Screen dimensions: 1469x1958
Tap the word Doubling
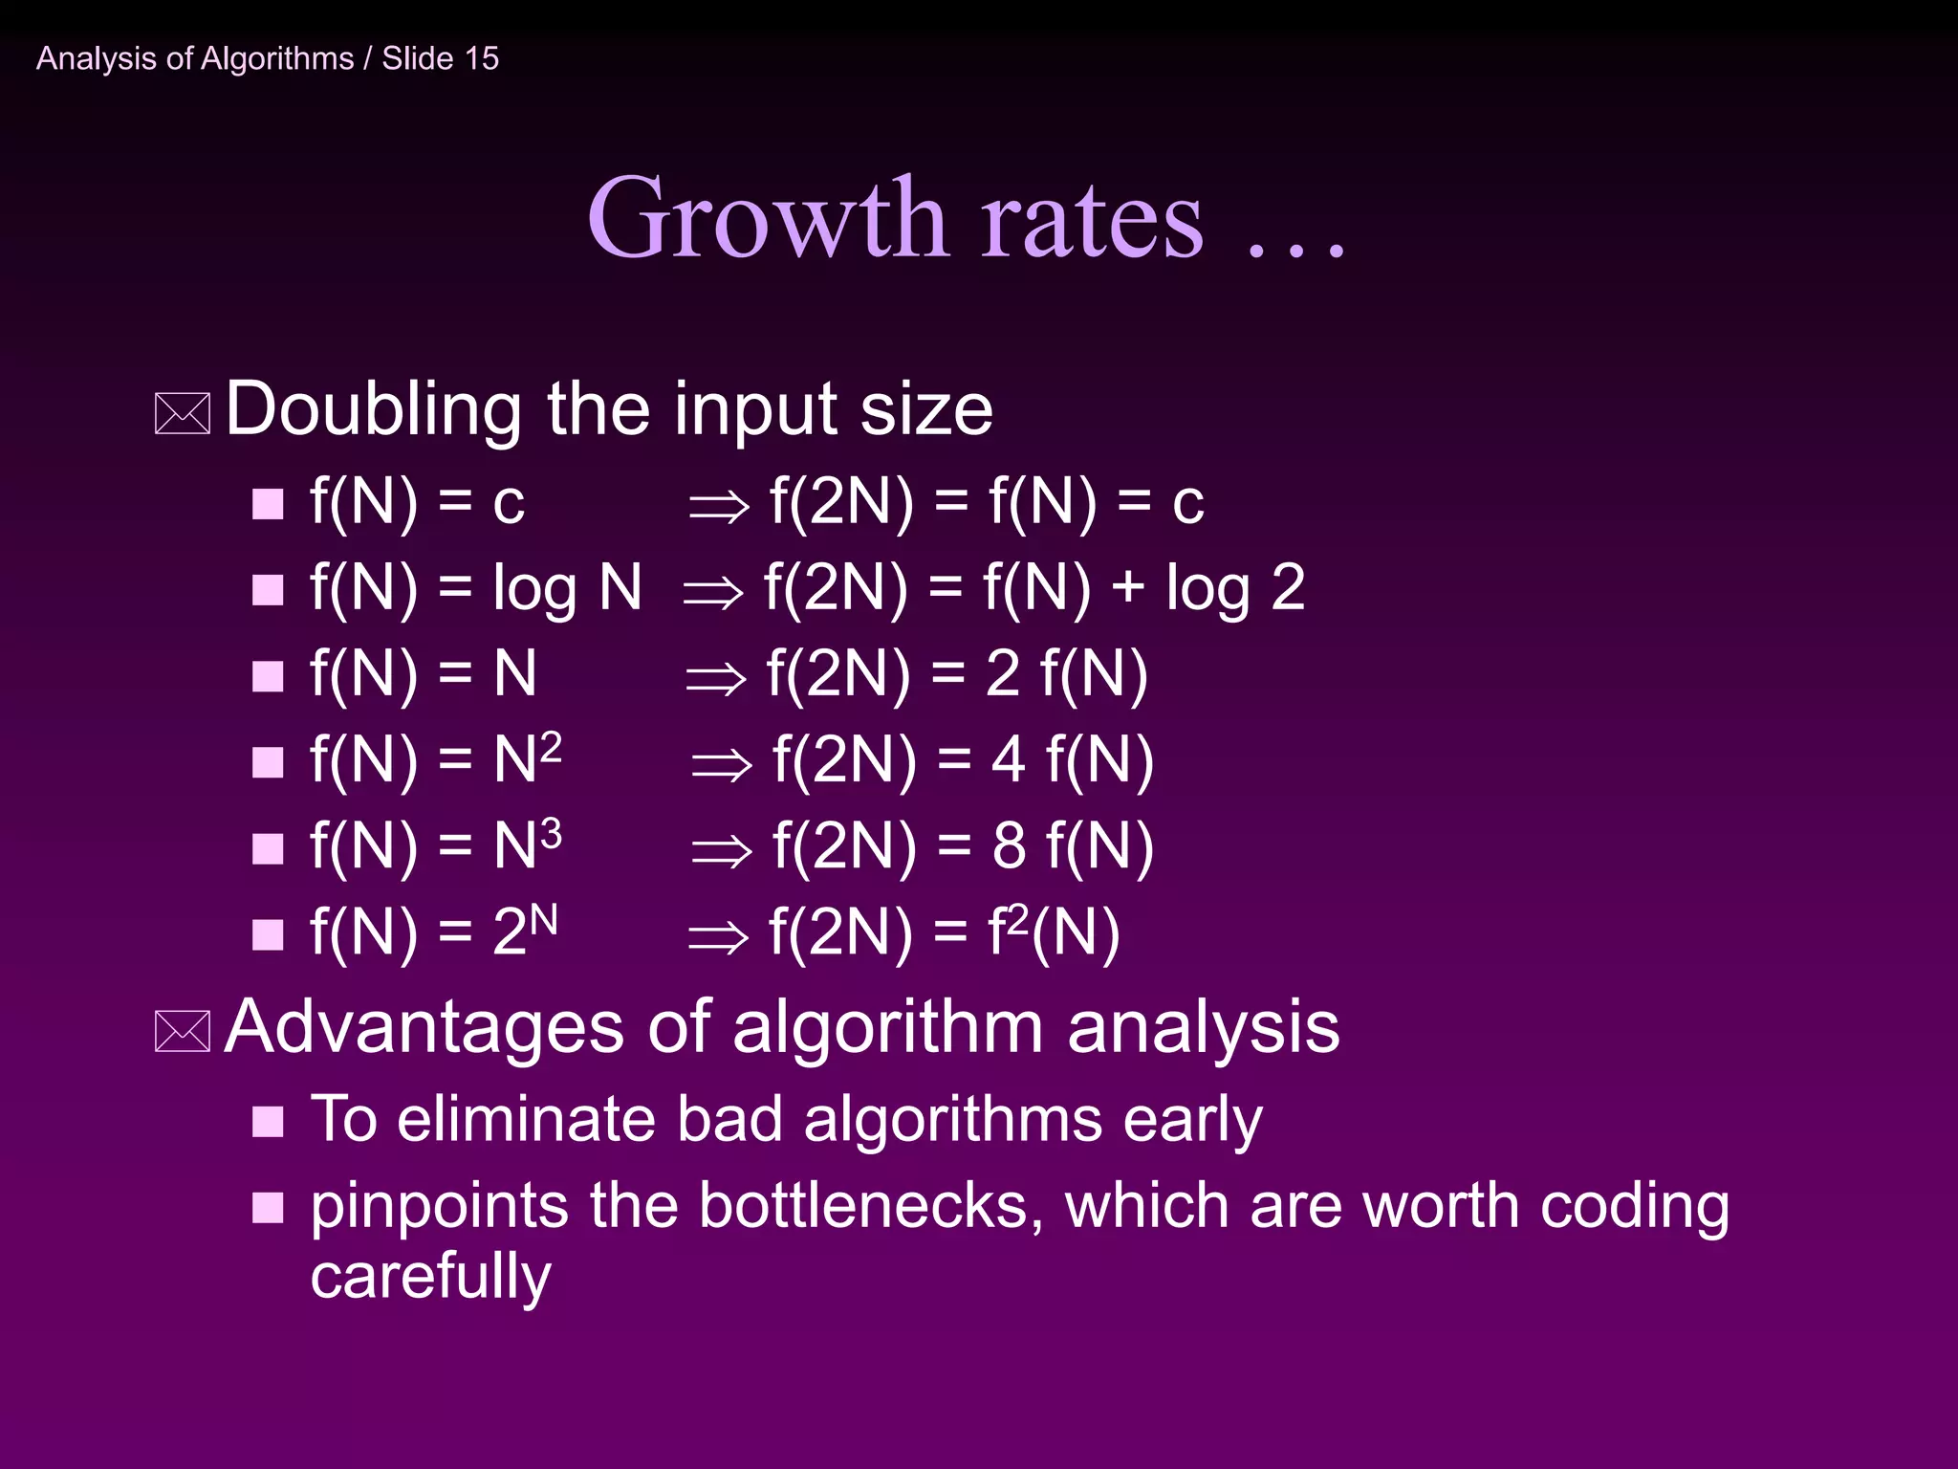tap(373, 409)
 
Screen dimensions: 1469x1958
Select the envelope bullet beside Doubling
tap(182, 414)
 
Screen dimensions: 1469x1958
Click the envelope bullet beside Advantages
tap(182, 1031)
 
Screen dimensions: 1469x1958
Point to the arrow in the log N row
tap(713, 592)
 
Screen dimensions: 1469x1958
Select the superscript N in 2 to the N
tap(543, 920)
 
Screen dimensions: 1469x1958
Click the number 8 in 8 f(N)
tap(1009, 846)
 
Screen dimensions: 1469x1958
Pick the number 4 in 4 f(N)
tap(1009, 760)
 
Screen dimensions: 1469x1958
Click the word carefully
tap(430, 1276)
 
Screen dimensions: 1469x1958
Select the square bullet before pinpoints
tap(268, 1208)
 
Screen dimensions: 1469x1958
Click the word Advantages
tap(424, 1027)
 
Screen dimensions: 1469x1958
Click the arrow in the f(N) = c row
tap(719, 506)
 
